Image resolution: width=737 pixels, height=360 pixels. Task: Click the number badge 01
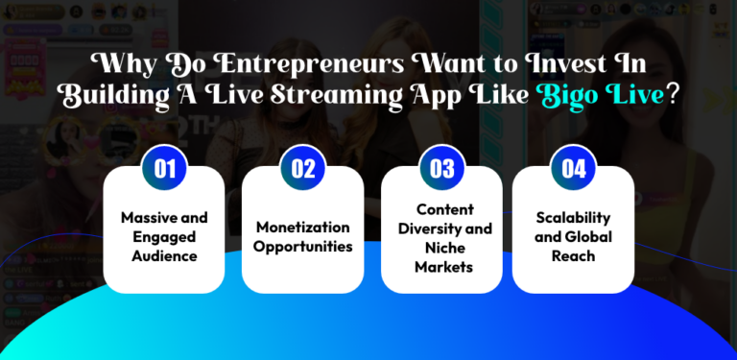coord(165,169)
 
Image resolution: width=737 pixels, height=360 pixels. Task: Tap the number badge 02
coord(303,169)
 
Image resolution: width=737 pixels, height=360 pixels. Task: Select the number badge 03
coord(441,169)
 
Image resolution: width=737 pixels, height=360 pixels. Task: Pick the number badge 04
coord(574,169)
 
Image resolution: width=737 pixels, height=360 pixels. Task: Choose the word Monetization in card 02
coord(303,227)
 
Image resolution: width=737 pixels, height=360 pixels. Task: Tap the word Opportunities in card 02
coord(303,247)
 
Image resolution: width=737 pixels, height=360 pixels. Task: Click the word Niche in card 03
coord(441,248)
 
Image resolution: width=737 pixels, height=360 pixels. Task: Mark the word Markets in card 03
coord(441,267)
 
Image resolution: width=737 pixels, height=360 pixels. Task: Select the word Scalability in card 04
coord(574,218)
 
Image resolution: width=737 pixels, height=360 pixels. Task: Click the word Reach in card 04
coord(574,255)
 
